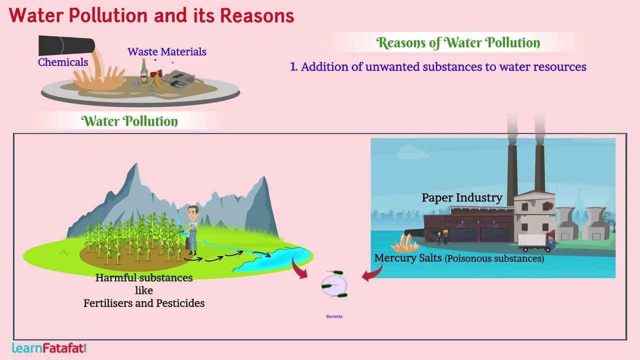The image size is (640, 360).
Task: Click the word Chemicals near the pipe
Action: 63,62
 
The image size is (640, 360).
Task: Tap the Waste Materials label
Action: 166,52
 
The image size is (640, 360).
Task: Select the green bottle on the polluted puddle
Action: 144,72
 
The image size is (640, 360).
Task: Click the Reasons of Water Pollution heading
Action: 458,43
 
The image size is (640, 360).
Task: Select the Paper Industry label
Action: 461,197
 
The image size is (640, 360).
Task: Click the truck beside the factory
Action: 535,242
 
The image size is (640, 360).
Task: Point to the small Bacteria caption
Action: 334,316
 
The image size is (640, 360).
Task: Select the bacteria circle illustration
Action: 334,285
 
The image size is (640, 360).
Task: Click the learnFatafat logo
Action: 49,348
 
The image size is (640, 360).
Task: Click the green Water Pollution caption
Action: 129,121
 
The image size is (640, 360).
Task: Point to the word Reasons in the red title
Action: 257,15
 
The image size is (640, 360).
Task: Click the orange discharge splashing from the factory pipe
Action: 404,243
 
